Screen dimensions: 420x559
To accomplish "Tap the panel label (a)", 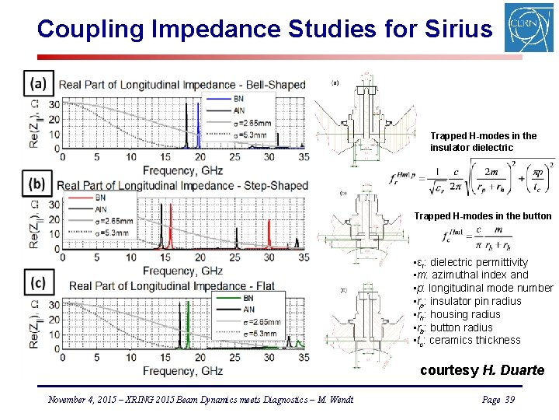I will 38,83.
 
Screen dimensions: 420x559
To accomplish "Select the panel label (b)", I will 38,184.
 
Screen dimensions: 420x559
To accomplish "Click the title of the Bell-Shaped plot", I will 182,84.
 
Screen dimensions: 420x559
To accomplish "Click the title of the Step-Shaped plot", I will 182,186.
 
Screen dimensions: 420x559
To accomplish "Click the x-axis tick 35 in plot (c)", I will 304,357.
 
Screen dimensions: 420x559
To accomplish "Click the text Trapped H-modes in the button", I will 483,216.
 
